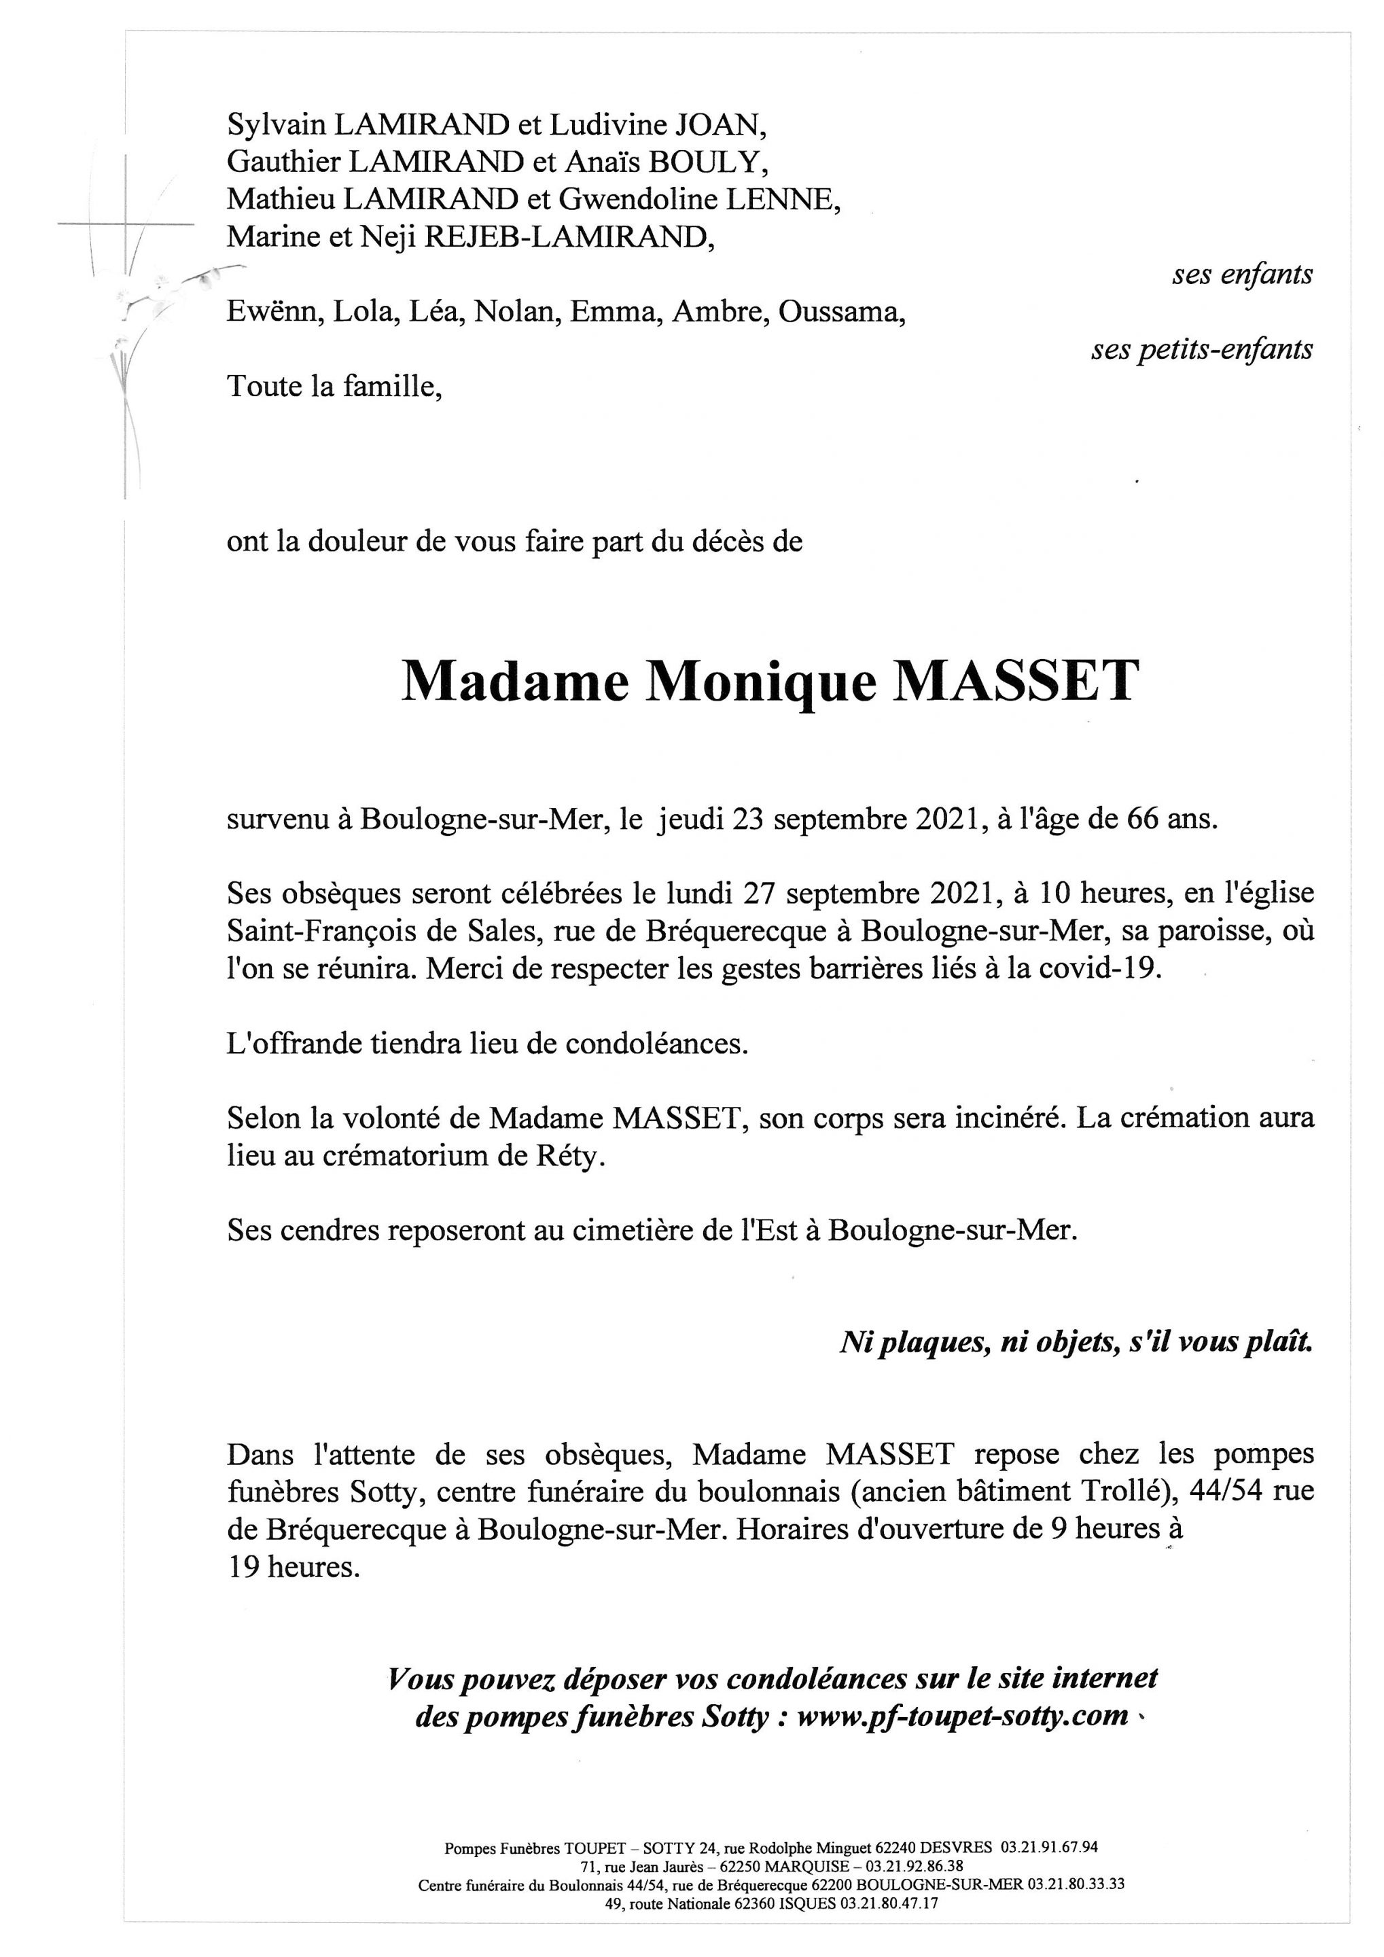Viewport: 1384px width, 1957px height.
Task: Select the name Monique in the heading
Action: pos(761,684)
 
